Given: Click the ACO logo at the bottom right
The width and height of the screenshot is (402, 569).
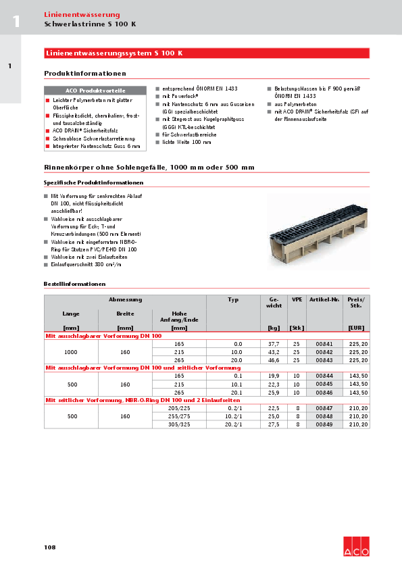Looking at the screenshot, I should (x=356, y=547).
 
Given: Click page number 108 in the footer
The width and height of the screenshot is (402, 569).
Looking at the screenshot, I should (x=50, y=547).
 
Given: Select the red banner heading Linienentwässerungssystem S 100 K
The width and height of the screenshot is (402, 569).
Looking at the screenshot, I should (x=114, y=53).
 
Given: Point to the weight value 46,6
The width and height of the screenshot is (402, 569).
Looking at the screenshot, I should (x=274, y=360).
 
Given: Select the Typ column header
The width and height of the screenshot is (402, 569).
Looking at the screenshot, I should (x=233, y=299).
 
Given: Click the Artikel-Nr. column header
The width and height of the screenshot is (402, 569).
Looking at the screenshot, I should (x=324, y=299).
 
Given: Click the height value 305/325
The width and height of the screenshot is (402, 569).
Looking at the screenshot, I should (x=179, y=424).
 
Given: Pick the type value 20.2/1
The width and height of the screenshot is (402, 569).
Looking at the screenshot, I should (x=233, y=424).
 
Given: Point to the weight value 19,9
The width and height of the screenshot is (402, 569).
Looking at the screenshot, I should (x=274, y=376).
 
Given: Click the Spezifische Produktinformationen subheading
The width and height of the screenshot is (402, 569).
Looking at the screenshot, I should (x=93, y=182).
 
